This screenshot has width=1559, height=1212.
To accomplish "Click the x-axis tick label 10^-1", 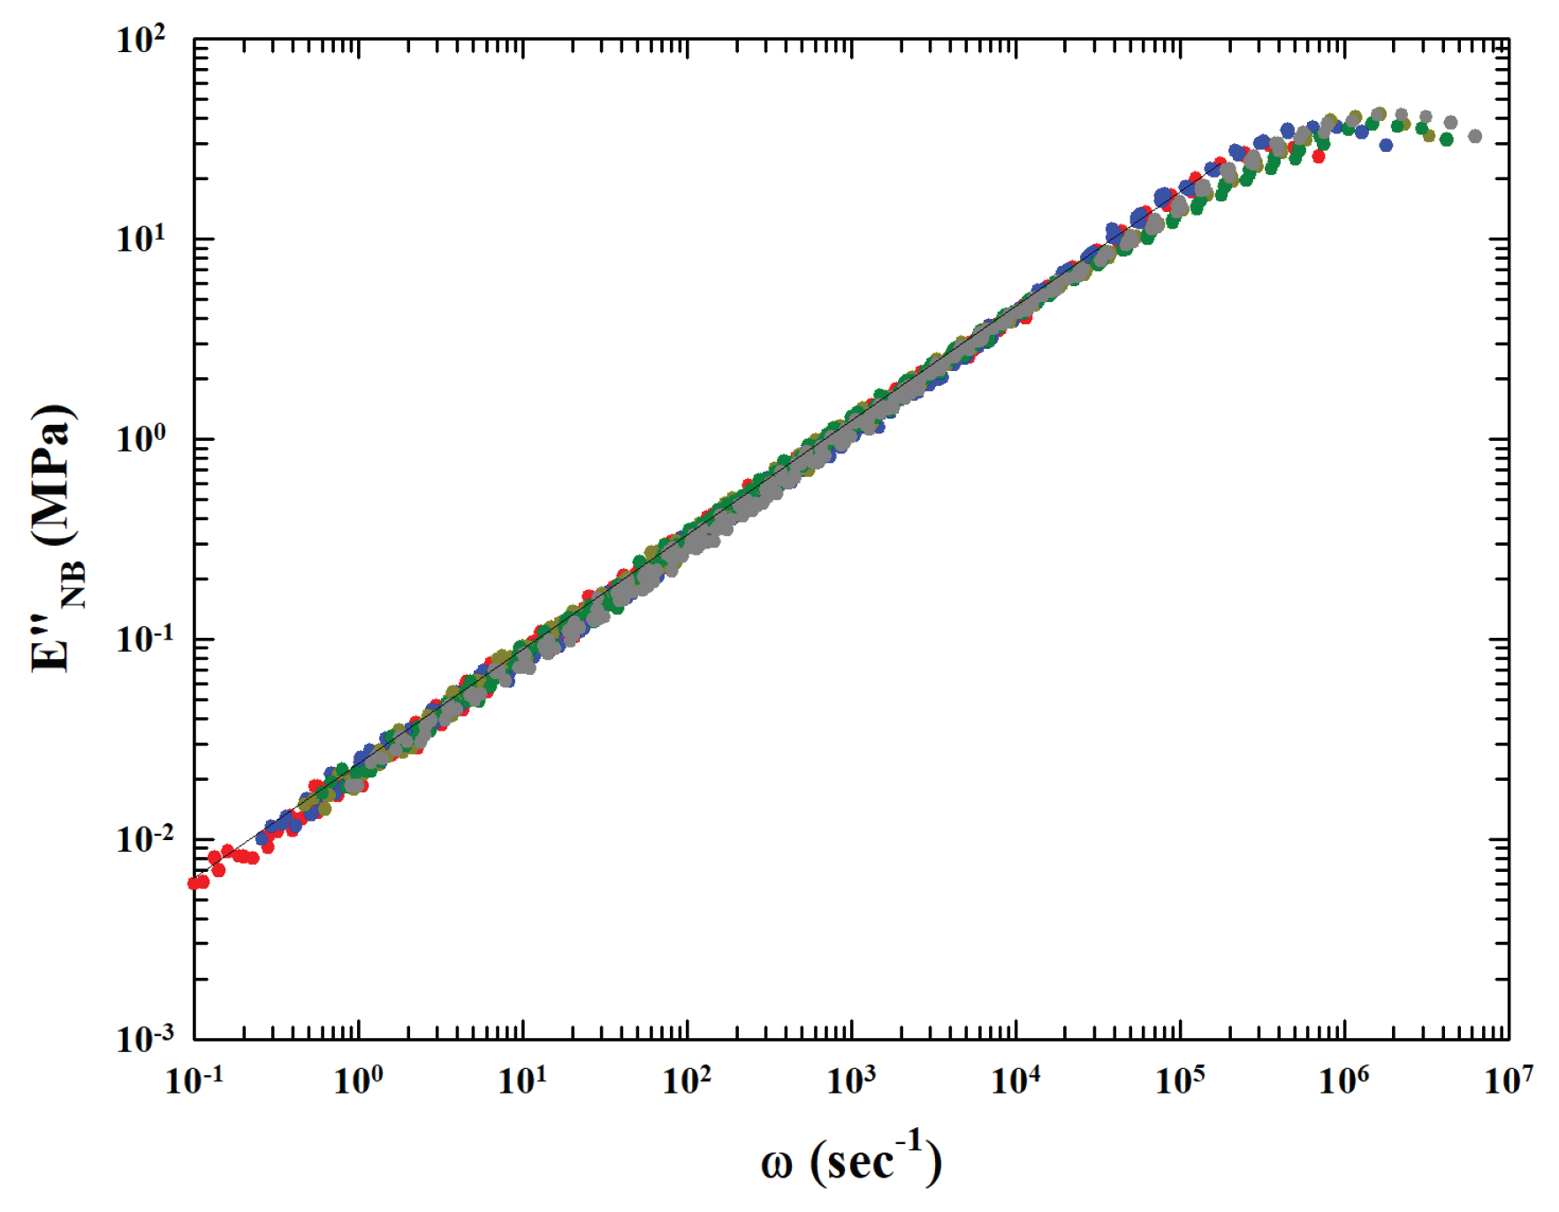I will (x=194, y=1079).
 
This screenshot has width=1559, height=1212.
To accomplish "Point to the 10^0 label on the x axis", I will (x=358, y=1079).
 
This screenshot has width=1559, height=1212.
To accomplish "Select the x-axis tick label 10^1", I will (x=522, y=1079).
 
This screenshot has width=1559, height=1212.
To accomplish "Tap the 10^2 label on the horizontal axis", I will (x=687, y=1079).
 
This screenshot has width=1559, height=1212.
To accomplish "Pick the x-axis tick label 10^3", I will (x=851, y=1079).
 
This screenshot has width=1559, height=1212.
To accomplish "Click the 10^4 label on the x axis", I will (x=1015, y=1079).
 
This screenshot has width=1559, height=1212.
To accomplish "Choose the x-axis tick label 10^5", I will (x=1180, y=1079).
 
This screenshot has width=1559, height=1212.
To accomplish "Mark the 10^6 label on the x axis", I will (x=1344, y=1079).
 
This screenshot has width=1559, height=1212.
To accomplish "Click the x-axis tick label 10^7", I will (x=1509, y=1079).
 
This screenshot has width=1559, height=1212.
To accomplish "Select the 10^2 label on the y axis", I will (x=141, y=40).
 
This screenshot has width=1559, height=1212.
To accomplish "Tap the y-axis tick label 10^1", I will (x=141, y=239).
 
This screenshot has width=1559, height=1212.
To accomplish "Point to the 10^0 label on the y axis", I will (x=141, y=439).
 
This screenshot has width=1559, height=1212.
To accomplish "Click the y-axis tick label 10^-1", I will (x=141, y=639).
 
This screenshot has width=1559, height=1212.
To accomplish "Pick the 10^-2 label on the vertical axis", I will (x=141, y=838).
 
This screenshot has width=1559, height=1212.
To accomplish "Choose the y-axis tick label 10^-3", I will (x=141, y=1038).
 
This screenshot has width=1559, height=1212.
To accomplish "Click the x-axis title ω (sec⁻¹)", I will (x=851, y=1160).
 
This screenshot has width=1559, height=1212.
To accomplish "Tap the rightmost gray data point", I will (x=1475, y=136).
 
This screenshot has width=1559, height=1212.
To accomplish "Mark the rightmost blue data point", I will (x=1386, y=145).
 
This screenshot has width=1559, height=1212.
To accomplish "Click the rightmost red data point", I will (x=1319, y=156).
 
